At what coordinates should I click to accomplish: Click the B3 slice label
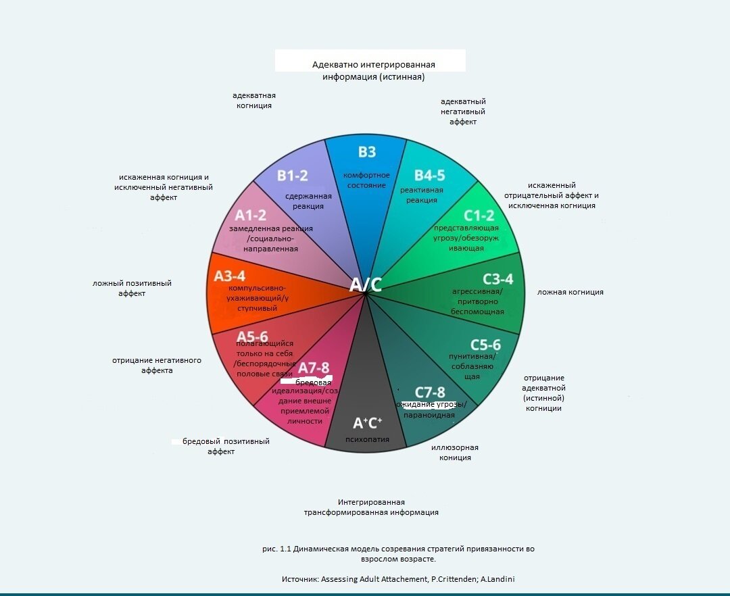367,151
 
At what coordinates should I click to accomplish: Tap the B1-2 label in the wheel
292,176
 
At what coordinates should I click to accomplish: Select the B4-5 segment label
429,176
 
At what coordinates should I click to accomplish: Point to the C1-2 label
479,216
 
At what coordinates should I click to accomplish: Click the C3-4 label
497,279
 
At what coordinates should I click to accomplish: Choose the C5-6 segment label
485,345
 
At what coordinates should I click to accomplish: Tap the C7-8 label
430,392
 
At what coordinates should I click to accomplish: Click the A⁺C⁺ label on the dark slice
368,423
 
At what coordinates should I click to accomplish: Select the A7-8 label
314,368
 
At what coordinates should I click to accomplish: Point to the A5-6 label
252,336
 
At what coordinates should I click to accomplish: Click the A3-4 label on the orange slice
230,276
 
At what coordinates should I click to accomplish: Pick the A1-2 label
250,216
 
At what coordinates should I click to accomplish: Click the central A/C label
366,284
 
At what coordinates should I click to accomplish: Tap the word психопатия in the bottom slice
367,439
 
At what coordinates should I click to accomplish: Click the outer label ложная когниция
570,292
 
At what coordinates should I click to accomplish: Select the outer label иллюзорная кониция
454,453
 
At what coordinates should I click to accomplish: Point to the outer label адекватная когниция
253,100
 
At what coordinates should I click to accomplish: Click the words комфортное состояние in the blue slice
367,180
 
